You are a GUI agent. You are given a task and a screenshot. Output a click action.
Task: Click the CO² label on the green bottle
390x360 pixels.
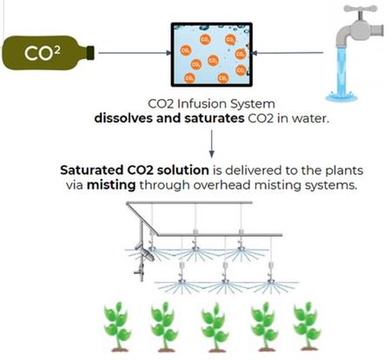(43, 53)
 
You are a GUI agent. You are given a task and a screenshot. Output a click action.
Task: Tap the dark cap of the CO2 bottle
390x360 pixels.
(90, 53)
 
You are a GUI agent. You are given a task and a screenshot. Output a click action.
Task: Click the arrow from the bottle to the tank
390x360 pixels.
(135, 53)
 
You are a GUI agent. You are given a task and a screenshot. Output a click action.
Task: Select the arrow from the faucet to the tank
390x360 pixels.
(288, 53)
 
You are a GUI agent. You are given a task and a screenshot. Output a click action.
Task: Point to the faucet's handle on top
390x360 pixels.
(360, 10)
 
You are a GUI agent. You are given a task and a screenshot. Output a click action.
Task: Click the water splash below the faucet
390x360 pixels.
(341, 96)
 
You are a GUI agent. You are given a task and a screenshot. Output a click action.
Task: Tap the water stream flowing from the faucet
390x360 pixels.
(342, 70)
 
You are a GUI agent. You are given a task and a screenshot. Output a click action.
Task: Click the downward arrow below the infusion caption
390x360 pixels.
(212, 143)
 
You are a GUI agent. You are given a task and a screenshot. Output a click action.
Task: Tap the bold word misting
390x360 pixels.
(111, 185)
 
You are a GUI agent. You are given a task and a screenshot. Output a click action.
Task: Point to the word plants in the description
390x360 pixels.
(344, 170)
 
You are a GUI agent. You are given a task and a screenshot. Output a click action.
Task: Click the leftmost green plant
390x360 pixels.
(117, 326)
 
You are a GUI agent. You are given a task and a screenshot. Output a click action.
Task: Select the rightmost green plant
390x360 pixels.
(307, 326)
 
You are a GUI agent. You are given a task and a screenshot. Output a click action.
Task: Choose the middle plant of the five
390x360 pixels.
(215, 327)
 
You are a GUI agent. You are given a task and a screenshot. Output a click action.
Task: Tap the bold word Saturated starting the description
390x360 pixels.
(92, 170)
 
